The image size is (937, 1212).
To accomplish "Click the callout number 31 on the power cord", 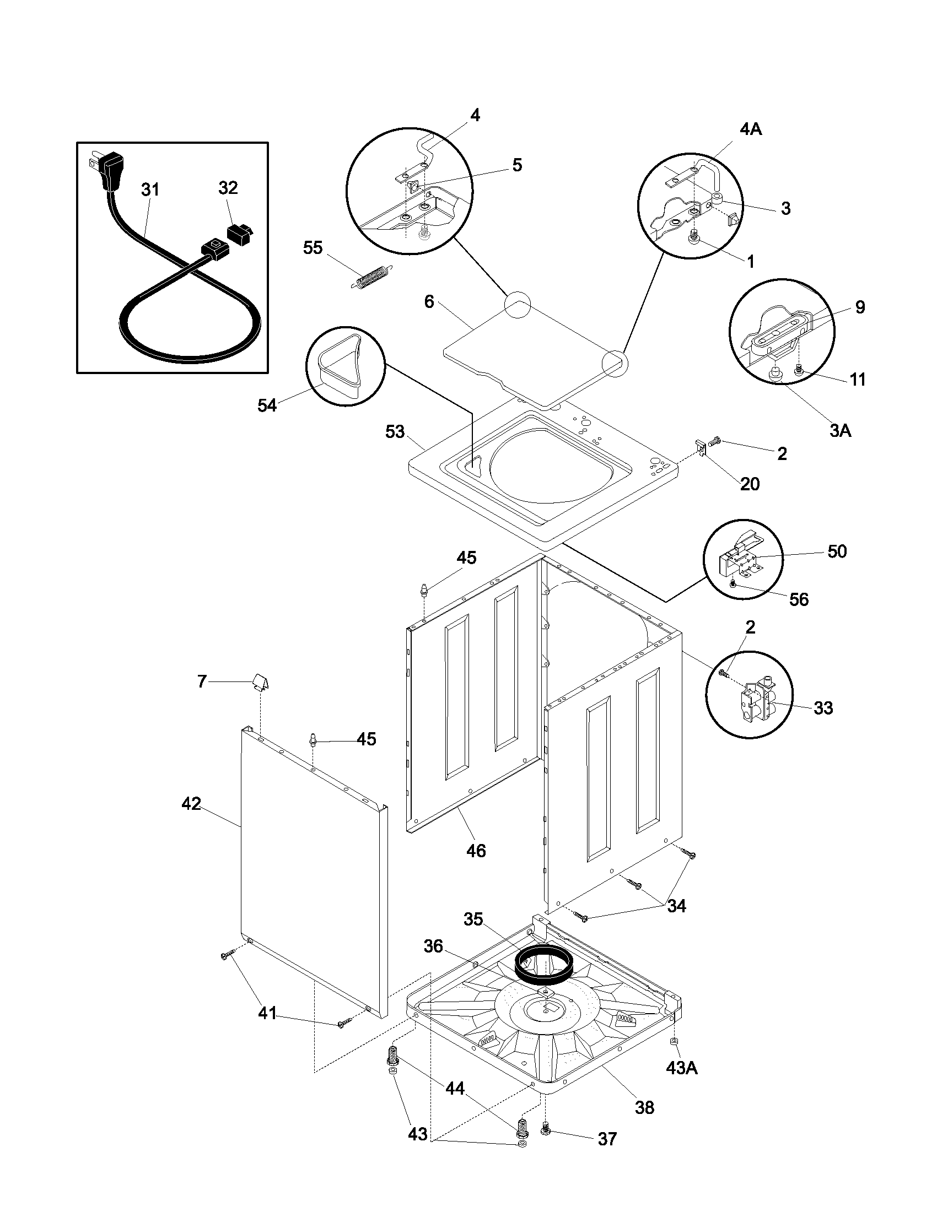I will (x=150, y=190).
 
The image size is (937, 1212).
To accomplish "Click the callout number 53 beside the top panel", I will (x=395, y=432).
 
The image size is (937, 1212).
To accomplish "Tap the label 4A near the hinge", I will (x=751, y=129).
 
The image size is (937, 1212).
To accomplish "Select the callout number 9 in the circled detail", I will (x=859, y=307).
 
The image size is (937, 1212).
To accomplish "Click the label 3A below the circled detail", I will (x=840, y=430).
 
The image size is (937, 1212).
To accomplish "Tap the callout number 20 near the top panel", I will (x=750, y=484).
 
